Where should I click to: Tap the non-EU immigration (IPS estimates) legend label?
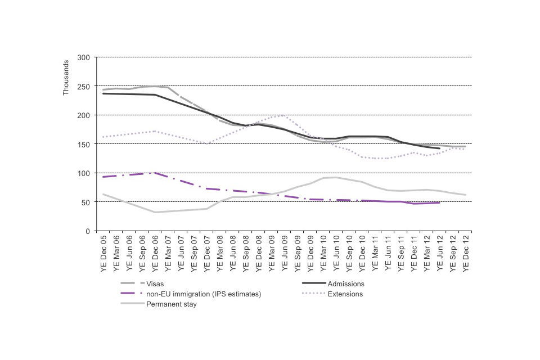click(x=204, y=294)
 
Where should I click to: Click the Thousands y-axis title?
click(x=66, y=77)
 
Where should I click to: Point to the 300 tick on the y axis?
click(x=84, y=57)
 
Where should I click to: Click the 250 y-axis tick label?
click(x=84, y=86)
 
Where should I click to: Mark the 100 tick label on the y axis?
click(x=84, y=173)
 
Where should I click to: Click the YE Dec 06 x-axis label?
click(x=155, y=253)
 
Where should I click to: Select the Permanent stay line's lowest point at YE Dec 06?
click(x=155, y=212)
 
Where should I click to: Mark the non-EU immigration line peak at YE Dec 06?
click(x=155, y=173)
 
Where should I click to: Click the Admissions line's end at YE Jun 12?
click(x=439, y=148)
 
